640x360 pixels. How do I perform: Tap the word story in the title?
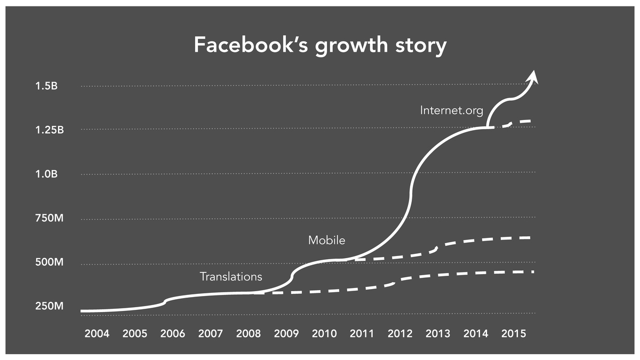tap(421, 46)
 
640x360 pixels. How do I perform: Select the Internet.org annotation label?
tap(451, 110)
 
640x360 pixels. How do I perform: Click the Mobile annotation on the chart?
tap(326, 241)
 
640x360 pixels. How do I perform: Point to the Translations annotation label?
tap(231, 277)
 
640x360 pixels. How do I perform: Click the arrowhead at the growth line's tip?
tap(533, 77)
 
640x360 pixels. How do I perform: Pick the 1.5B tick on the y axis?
tap(46, 86)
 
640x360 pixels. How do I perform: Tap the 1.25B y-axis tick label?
tap(50, 130)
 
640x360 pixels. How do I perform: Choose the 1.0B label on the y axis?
tap(46, 174)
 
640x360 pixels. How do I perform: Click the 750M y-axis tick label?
tap(49, 218)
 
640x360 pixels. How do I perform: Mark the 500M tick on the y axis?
tap(49, 262)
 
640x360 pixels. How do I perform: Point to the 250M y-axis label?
tap(49, 306)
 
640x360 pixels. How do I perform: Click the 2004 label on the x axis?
tap(97, 333)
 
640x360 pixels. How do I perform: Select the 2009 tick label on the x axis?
tap(286, 333)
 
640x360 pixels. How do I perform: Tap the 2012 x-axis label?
tap(400, 333)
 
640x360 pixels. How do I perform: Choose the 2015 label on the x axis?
tap(514, 333)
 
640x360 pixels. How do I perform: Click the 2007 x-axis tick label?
tap(211, 333)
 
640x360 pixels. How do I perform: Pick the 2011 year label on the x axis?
tap(362, 333)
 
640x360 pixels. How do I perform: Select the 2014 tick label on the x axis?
tap(476, 333)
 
